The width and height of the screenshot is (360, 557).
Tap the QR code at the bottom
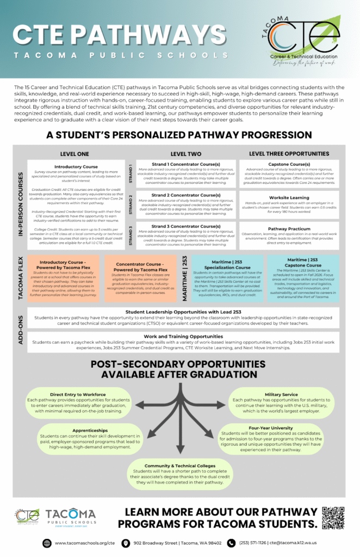333,518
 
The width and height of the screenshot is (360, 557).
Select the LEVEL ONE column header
75,154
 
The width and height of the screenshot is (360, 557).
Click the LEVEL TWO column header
185,154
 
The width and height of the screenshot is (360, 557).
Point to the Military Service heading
281,394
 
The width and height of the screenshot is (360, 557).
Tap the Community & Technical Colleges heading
180,466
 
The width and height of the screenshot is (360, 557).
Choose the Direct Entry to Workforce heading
78,394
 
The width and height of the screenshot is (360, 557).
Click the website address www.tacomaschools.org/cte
84,543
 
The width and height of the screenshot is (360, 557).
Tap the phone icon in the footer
231,543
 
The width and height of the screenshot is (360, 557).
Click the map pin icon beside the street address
126,543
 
